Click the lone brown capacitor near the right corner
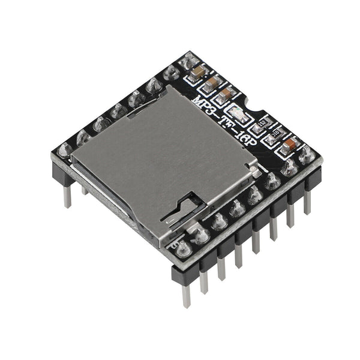coord(290,145)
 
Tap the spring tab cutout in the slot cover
coord(183,210)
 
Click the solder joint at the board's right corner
coord(307,155)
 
